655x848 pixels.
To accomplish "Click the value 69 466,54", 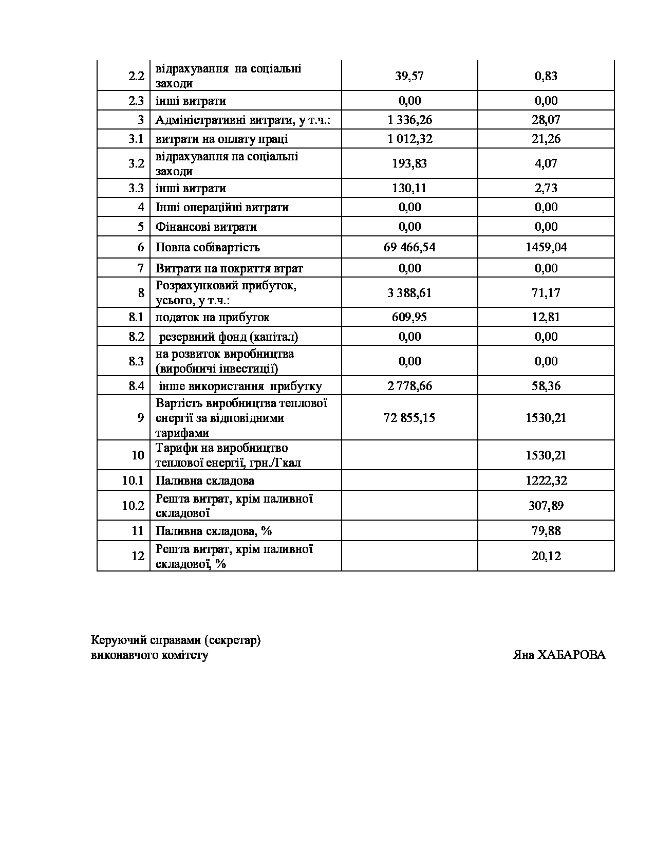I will tap(409, 247).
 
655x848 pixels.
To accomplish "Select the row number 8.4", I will tap(136, 386).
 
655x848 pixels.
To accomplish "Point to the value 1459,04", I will tap(546, 247).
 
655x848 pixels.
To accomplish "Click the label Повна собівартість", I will tap(208, 247).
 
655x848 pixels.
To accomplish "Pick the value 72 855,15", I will tap(409, 418).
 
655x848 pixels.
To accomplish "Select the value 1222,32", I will tap(546, 481).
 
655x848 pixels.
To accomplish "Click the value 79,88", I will tap(546, 531).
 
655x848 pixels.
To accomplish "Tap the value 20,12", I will tap(546, 556).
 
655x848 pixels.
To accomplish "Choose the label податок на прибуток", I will tap(212, 317).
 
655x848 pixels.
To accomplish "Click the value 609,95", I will tap(409, 317).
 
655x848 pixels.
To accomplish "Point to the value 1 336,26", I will tap(409, 120).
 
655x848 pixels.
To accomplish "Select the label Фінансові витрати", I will tap(206, 227).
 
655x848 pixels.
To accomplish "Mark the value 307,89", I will tap(546, 506).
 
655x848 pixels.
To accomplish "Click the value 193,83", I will tap(409, 163).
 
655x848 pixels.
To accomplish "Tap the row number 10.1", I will tap(133, 481).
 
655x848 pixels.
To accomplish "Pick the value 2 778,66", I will tap(409, 386).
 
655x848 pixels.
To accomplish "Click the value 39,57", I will tap(409, 76).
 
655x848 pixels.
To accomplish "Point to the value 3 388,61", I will tap(409, 293).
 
